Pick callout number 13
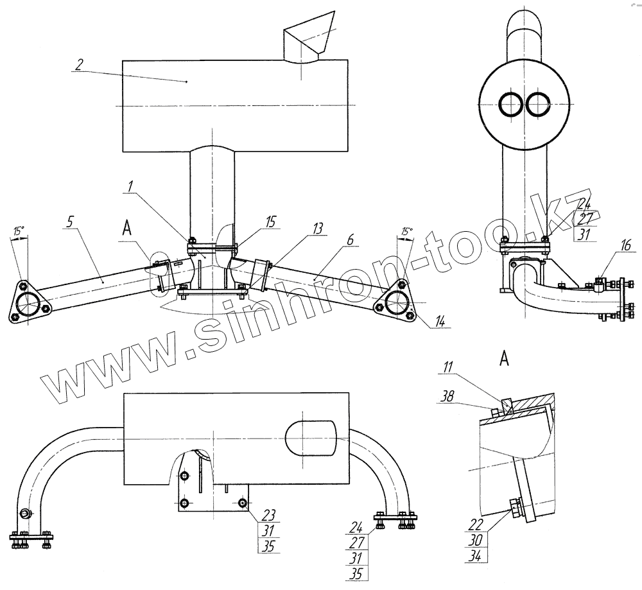click(318, 229)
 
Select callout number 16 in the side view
click(625, 245)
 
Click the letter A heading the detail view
click(504, 360)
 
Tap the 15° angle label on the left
click(19, 229)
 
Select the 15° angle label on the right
click(406, 230)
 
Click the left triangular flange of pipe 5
click(27, 302)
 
